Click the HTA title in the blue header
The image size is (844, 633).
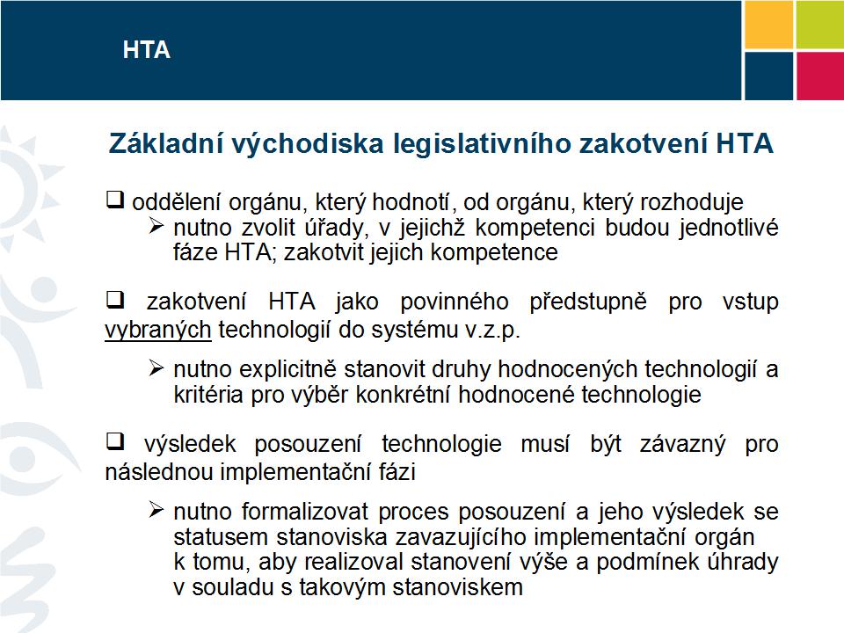pyautogui.click(x=146, y=50)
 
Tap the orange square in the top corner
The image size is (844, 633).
pyautogui.click(x=768, y=24)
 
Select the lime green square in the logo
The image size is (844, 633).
pyautogui.click(x=819, y=24)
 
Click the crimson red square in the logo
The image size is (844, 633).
pyautogui.click(x=819, y=75)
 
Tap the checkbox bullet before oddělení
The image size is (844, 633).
pyautogui.click(x=114, y=200)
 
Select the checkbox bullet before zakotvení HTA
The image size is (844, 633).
pyautogui.click(x=114, y=302)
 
